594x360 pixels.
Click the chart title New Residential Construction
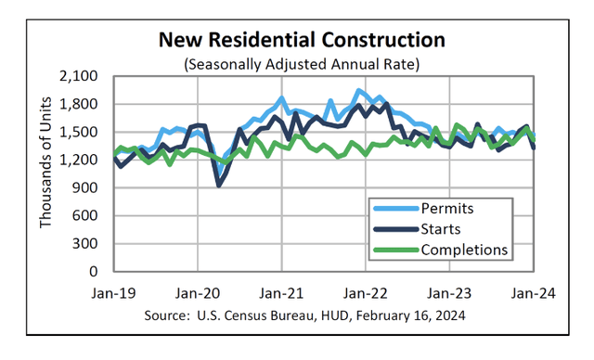pyautogui.click(x=301, y=41)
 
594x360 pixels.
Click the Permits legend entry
pyautogui.click(x=446, y=208)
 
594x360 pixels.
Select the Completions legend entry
pyautogui.click(x=463, y=249)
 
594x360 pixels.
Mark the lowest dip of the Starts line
pyautogui.click(x=219, y=186)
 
